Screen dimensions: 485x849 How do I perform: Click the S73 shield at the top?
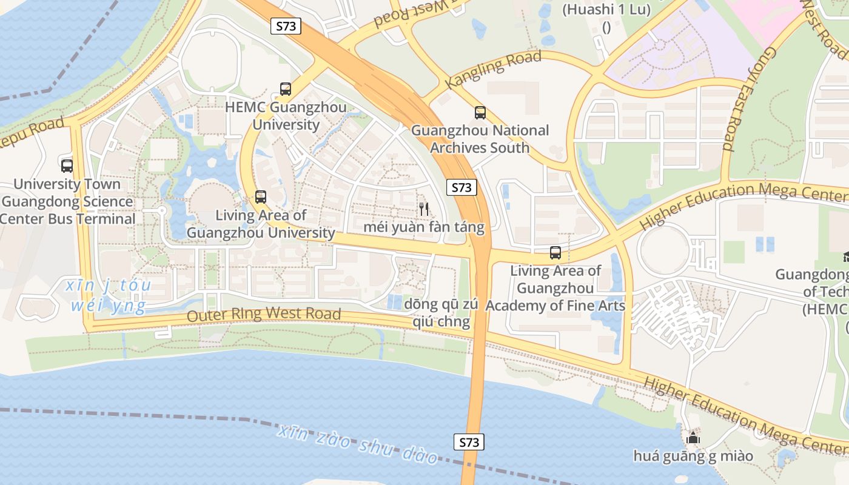286,26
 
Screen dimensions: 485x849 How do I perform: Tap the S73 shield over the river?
469,442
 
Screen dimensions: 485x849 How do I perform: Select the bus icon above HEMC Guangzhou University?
285,89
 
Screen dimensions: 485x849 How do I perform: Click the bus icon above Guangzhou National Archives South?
480,112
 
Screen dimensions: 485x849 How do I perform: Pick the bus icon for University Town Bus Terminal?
67,166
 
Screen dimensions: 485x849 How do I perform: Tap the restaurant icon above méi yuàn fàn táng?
424,209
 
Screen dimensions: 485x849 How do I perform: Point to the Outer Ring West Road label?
264,315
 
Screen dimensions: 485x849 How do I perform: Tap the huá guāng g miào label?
693,456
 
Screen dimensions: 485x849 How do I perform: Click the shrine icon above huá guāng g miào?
693,437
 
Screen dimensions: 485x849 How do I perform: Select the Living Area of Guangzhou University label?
261,224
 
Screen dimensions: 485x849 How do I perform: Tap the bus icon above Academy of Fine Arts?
555,253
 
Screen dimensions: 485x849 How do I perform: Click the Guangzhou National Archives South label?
480,139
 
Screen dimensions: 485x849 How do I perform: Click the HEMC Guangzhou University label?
286,116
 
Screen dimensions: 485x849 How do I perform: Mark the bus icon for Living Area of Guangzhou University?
260,197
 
